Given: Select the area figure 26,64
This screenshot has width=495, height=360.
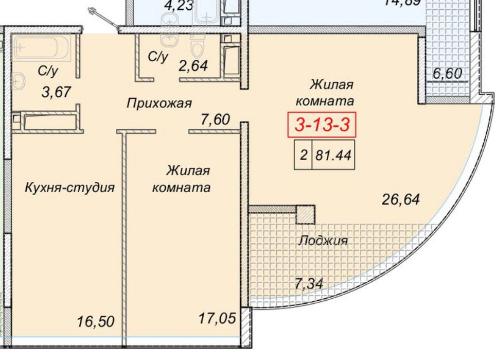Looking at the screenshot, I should [x=401, y=198].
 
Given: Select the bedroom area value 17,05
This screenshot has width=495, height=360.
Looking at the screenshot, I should [x=217, y=318].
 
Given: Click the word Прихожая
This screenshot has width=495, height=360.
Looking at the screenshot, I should [x=160, y=104].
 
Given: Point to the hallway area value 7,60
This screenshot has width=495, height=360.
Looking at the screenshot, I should [x=215, y=120].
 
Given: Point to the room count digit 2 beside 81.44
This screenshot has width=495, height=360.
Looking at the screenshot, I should [x=304, y=155].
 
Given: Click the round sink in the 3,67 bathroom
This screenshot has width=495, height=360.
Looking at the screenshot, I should [x=19, y=81].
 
